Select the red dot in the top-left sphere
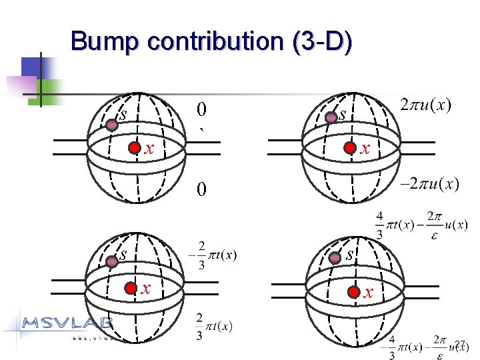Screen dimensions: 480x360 (135, 148)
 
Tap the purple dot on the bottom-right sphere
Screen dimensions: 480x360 (331, 261)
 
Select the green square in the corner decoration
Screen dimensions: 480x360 (53, 89)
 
